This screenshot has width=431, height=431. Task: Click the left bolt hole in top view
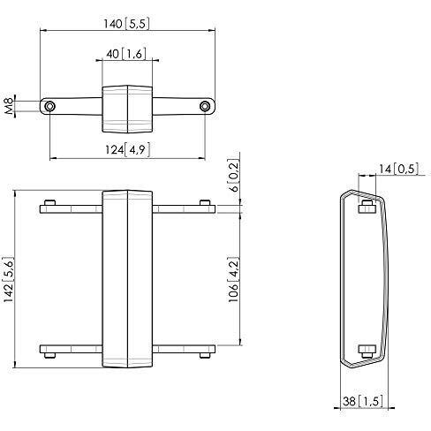[50, 106]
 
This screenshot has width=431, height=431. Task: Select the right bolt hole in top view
[205, 106]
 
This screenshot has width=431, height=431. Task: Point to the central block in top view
[127, 106]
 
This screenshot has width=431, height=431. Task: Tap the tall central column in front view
[127, 278]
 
